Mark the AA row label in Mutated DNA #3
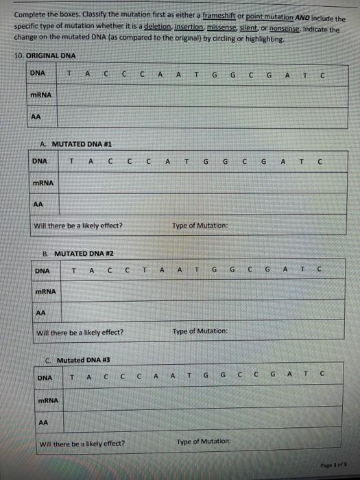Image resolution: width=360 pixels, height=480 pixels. [x=43, y=422]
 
